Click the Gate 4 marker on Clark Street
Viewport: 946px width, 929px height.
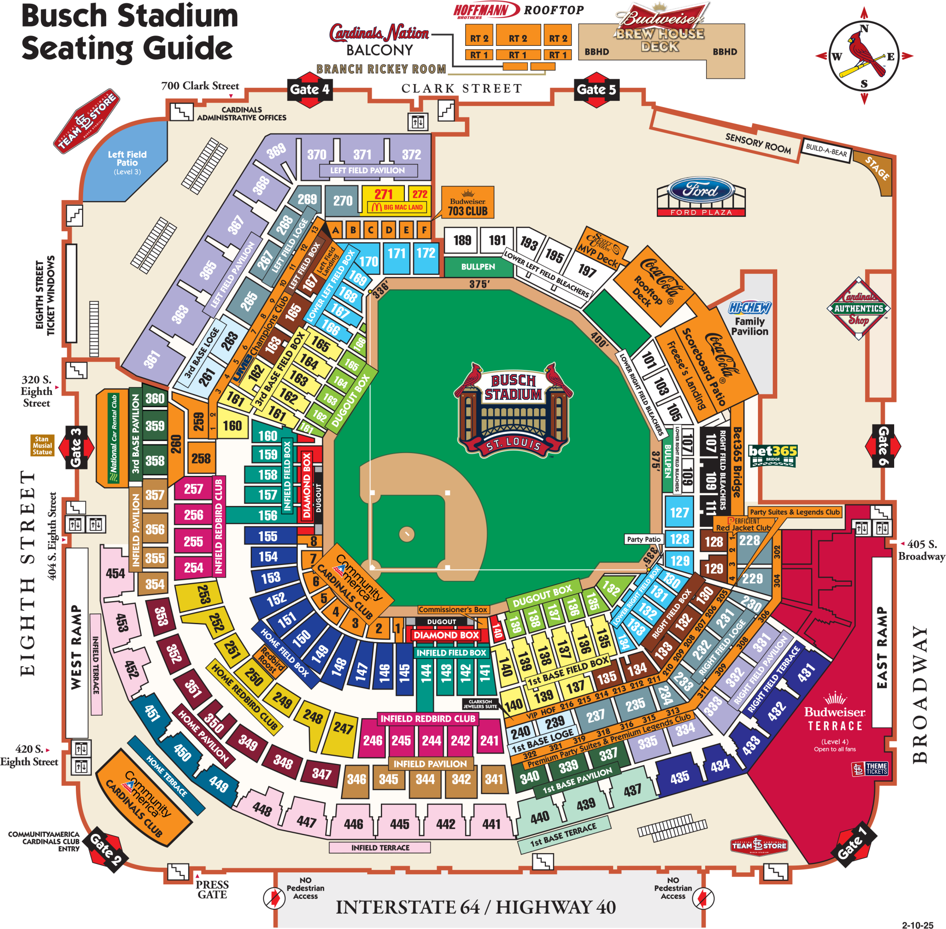[x=309, y=89]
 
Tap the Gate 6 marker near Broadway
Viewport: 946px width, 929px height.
[x=883, y=445]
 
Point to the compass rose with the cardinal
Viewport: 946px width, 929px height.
[x=864, y=56]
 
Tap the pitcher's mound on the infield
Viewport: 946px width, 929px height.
[x=406, y=534]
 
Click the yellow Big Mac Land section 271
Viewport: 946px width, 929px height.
[x=383, y=195]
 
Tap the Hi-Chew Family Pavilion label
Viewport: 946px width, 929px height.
[x=749, y=319]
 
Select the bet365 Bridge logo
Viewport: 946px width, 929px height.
[x=772, y=454]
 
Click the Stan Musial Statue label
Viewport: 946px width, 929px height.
[x=42, y=445]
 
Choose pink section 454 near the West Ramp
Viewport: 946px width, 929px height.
[x=116, y=573]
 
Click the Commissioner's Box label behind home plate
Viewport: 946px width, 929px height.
[x=452, y=610]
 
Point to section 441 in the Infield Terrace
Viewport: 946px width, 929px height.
[x=491, y=824]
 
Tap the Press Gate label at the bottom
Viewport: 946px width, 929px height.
[x=212, y=889]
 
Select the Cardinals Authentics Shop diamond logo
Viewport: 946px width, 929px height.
[x=858, y=308]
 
